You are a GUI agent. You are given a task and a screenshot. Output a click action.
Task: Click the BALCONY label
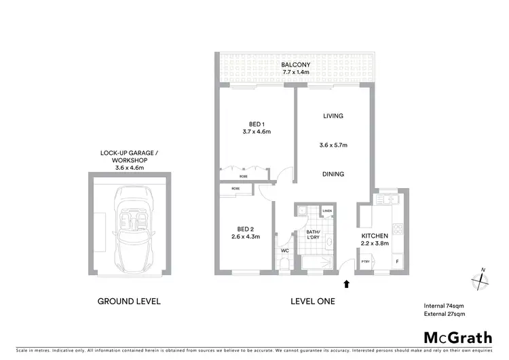pyautogui.click(x=295, y=65)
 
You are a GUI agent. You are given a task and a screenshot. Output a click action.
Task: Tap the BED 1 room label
pyautogui.click(x=256, y=124)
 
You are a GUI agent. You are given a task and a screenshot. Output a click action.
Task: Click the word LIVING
pyautogui.click(x=333, y=116)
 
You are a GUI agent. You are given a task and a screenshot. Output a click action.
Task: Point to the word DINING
pyautogui.click(x=333, y=174)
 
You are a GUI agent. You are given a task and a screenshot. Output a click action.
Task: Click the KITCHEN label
pyautogui.click(x=375, y=236)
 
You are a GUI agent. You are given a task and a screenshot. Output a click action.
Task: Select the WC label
pyautogui.click(x=284, y=250)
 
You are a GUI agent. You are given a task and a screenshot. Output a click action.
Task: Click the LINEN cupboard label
pyautogui.click(x=327, y=211)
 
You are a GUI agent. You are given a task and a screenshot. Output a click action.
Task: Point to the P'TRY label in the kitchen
pyautogui.click(x=365, y=262)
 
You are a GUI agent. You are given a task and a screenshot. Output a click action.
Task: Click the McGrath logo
pyautogui.click(x=458, y=337)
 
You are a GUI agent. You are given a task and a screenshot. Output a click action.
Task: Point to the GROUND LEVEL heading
pyautogui.click(x=129, y=301)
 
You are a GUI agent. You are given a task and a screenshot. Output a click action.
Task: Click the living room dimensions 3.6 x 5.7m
pyautogui.click(x=333, y=145)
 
